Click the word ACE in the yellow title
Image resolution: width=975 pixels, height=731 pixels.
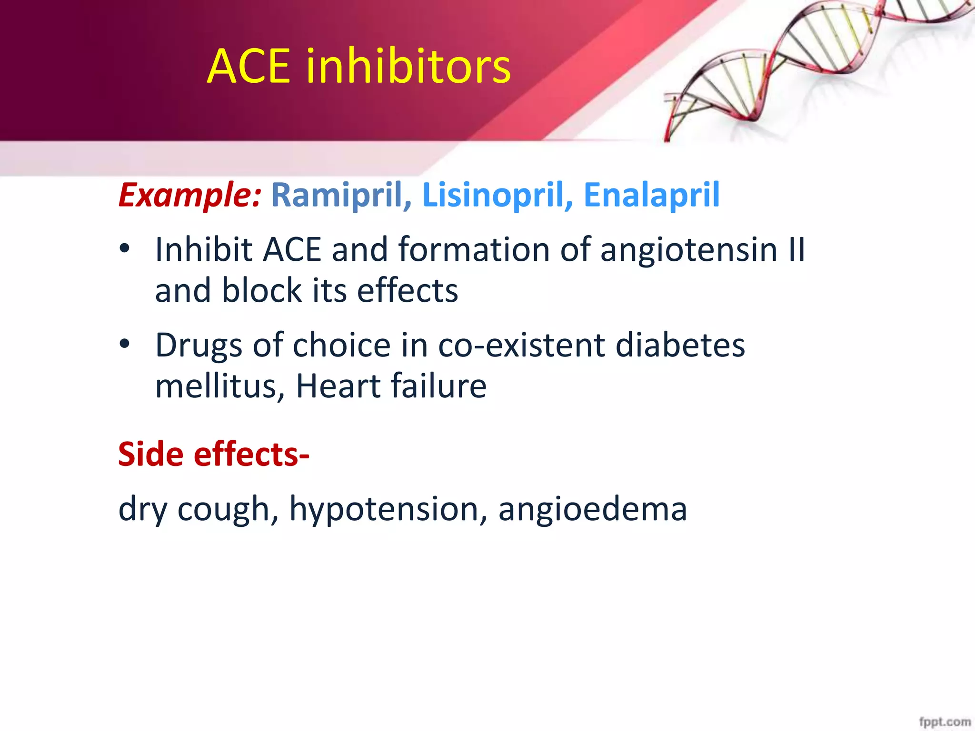point(249,67)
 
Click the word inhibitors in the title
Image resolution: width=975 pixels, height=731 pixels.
point(408,67)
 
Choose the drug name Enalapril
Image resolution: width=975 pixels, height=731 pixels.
point(651,195)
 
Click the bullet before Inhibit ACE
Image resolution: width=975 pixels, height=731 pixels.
point(125,249)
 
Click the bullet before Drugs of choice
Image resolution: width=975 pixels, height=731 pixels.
point(125,344)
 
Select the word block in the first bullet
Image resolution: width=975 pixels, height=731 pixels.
point(261,290)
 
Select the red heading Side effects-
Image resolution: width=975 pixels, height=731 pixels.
point(214,454)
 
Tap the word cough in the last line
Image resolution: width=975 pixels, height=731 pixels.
point(228,509)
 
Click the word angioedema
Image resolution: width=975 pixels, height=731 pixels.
point(592,509)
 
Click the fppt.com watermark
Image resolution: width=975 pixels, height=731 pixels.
point(945,721)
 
